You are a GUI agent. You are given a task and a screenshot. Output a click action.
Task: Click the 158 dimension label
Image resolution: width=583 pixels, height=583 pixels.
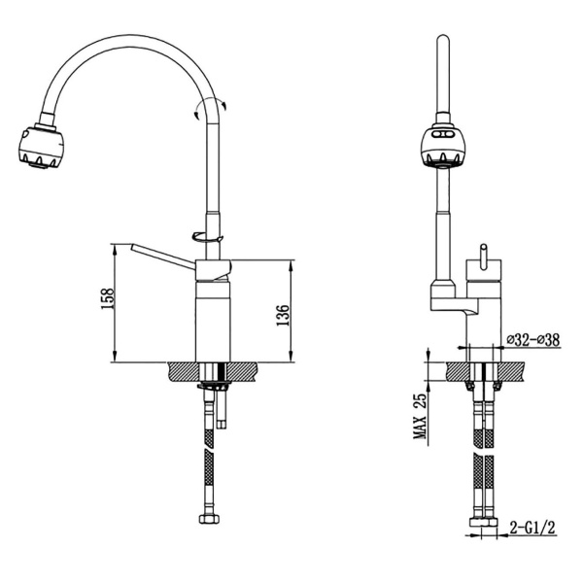pos(107,298)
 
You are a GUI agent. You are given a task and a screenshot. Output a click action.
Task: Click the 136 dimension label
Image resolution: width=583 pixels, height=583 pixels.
pos(283,315)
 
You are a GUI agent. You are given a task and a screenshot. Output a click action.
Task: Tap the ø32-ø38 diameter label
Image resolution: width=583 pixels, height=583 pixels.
pos(533,339)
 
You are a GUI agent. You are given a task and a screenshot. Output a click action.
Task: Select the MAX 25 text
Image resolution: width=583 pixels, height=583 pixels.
pos(421,416)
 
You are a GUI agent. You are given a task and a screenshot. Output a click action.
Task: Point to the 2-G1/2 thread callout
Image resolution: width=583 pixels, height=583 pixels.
pos(532,527)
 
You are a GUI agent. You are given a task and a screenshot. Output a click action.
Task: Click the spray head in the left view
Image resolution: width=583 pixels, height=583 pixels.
pos(41,146)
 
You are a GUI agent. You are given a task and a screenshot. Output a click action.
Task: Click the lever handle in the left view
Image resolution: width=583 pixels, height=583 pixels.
pos(162,256)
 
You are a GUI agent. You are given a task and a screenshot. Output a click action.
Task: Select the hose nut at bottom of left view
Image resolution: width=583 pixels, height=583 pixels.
pos(209,518)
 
